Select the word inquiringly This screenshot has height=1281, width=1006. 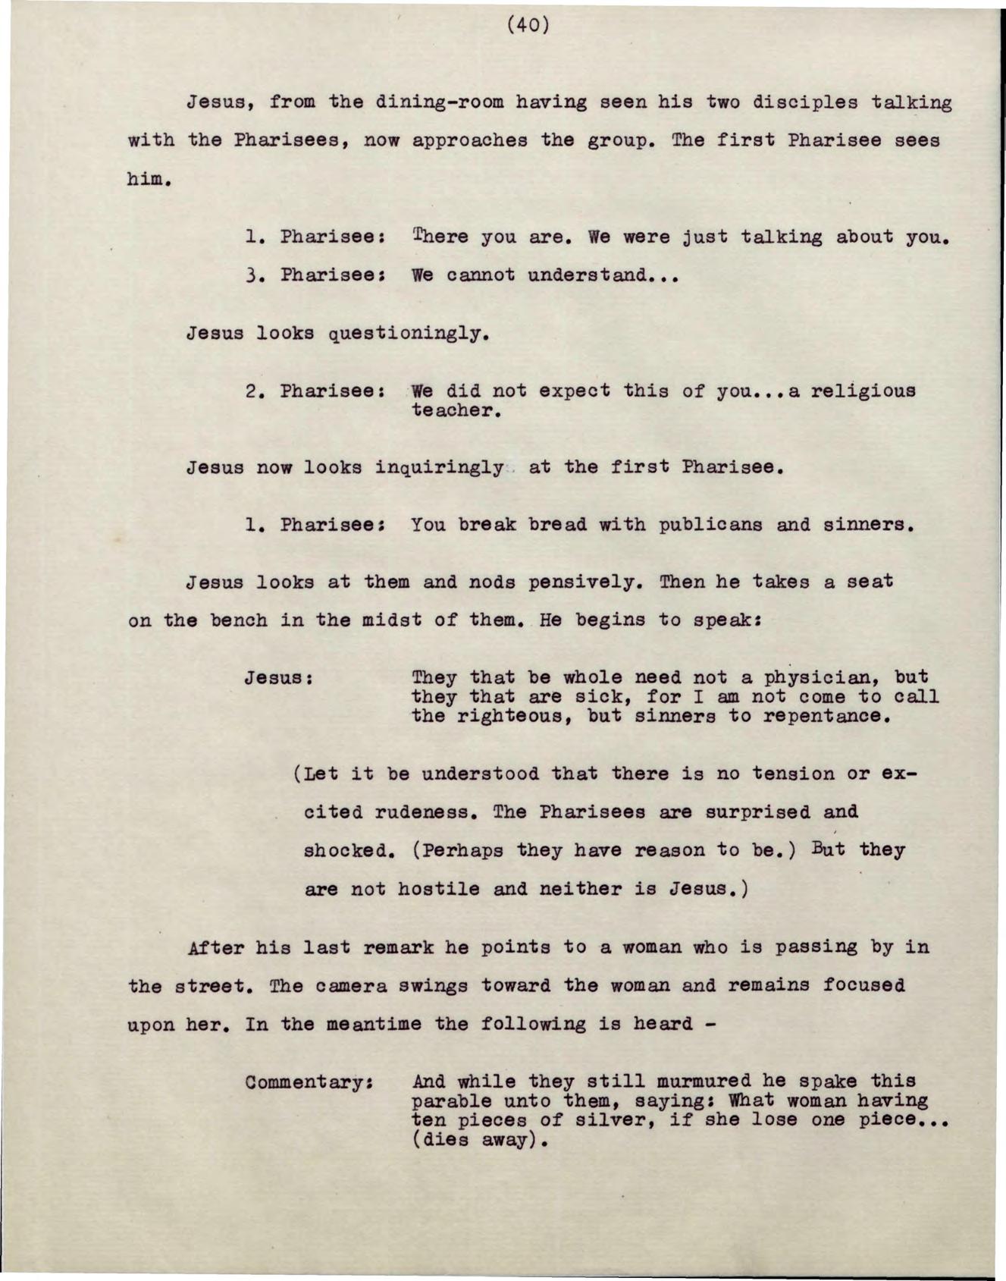point(439,468)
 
